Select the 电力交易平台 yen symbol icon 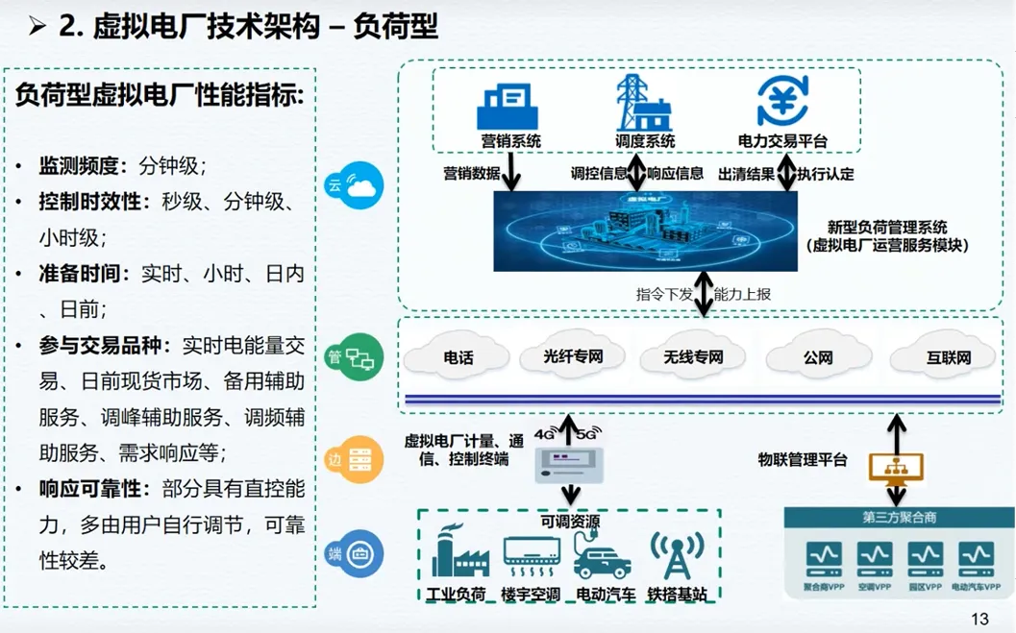point(782,102)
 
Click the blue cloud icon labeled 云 point(355,185)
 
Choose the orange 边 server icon point(355,459)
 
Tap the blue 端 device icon point(355,554)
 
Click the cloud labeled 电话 point(458,358)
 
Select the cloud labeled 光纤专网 point(574,358)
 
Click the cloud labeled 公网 point(818,358)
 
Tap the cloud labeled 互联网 point(948,358)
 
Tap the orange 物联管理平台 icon point(896,467)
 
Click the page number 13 point(979,619)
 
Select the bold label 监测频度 point(78,165)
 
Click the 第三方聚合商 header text point(898,518)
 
